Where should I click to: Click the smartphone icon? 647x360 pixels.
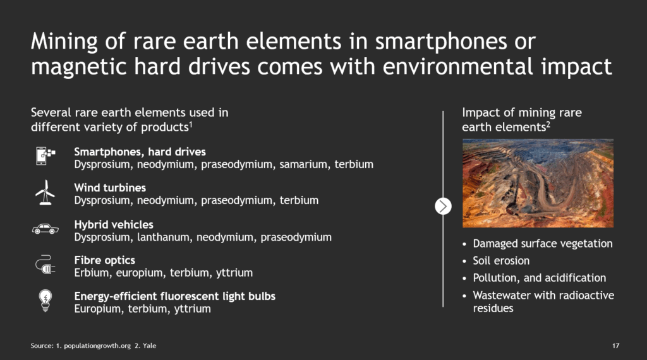[x=45, y=156]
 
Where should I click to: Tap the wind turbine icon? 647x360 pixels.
[x=45, y=193]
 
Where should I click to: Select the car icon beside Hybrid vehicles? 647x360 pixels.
[x=45, y=229]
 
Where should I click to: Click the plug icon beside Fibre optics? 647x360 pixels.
[x=45, y=265]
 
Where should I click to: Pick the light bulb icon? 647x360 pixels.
[x=45, y=301]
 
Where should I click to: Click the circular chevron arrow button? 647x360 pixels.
[x=443, y=206]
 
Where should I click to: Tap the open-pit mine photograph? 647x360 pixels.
[x=538, y=183]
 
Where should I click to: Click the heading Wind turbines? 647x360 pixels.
[x=110, y=188]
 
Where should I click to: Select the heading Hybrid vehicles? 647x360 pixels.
[x=114, y=225]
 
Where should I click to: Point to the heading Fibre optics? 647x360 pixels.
[x=105, y=260]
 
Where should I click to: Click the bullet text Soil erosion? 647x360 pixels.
[x=501, y=261]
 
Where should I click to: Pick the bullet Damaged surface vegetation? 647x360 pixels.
[x=543, y=244]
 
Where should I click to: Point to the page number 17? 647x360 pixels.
[x=615, y=345]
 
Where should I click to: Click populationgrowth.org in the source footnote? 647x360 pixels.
[x=97, y=346]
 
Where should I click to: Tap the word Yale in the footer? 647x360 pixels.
[x=149, y=345]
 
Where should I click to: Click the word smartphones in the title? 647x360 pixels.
[x=440, y=42]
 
